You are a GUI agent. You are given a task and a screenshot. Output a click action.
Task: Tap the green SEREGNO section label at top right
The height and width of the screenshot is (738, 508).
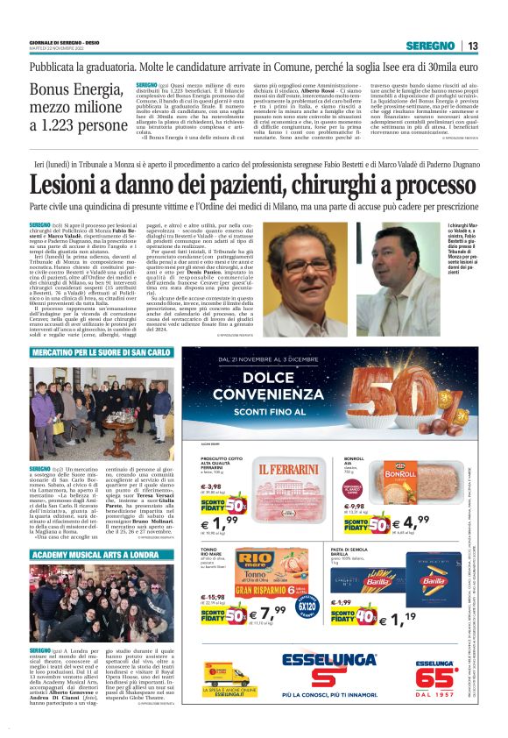(434, 46)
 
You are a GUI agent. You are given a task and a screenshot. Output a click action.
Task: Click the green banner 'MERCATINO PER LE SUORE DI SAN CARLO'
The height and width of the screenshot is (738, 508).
(101, 352)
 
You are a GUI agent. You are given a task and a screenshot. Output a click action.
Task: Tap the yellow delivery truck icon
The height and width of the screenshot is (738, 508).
(226, 676)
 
